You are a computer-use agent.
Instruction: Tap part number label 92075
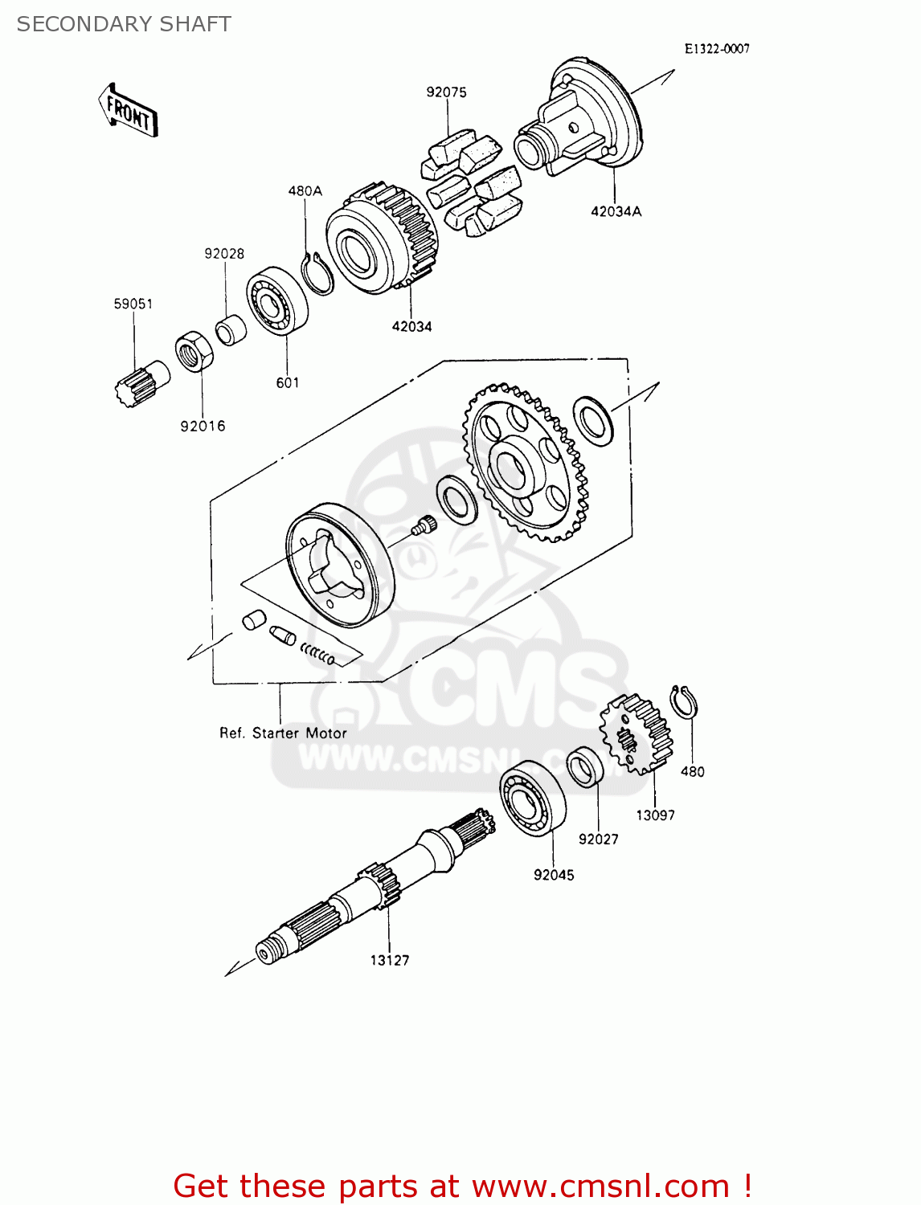tap(446, 92)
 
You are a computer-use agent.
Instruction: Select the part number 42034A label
tap(616, 211)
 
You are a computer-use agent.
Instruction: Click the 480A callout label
tap(305, 191)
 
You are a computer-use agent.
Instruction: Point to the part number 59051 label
tap(133, 304)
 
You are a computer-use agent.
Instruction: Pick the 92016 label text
tap(203, 426)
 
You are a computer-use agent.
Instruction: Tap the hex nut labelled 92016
tap(194, 352)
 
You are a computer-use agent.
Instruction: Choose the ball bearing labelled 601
tap(277, 301)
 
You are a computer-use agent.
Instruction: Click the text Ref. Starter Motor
tap(283, 733)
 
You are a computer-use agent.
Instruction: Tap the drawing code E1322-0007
tap(717, 49)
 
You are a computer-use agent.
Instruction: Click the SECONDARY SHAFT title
tap(124, 24)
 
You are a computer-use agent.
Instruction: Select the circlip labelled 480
tap(684, 704)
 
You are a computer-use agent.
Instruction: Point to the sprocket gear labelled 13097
tap(636, 734)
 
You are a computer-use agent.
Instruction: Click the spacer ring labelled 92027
tap(585, 767)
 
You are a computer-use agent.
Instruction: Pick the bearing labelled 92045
tap(532, 797)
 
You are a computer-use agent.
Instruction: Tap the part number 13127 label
tap(390, 960)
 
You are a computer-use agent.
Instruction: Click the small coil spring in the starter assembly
tap(317, 654)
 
